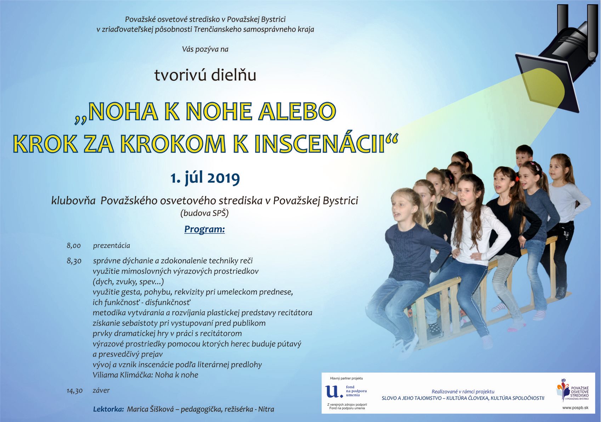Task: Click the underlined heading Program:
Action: pos(204,229)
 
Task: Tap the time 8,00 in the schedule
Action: pos(74,246)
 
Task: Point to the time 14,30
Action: pos(75,390)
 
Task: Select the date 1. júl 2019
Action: pos(205,178)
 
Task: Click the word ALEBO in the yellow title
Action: pos(297,111)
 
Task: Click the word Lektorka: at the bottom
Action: pos(108,409)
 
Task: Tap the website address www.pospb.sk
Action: pos(575,407)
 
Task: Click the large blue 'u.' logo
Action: pos(334,392)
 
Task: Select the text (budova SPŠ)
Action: pos(204,213)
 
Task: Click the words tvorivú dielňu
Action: pos(205,76)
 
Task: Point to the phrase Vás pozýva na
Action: pos(205,49)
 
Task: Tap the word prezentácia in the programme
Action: pos(111,246)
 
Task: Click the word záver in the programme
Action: pos(101,390)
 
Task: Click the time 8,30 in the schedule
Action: pos(74,261)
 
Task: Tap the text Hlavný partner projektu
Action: pos(346,378)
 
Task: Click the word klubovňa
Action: pos(73,201)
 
